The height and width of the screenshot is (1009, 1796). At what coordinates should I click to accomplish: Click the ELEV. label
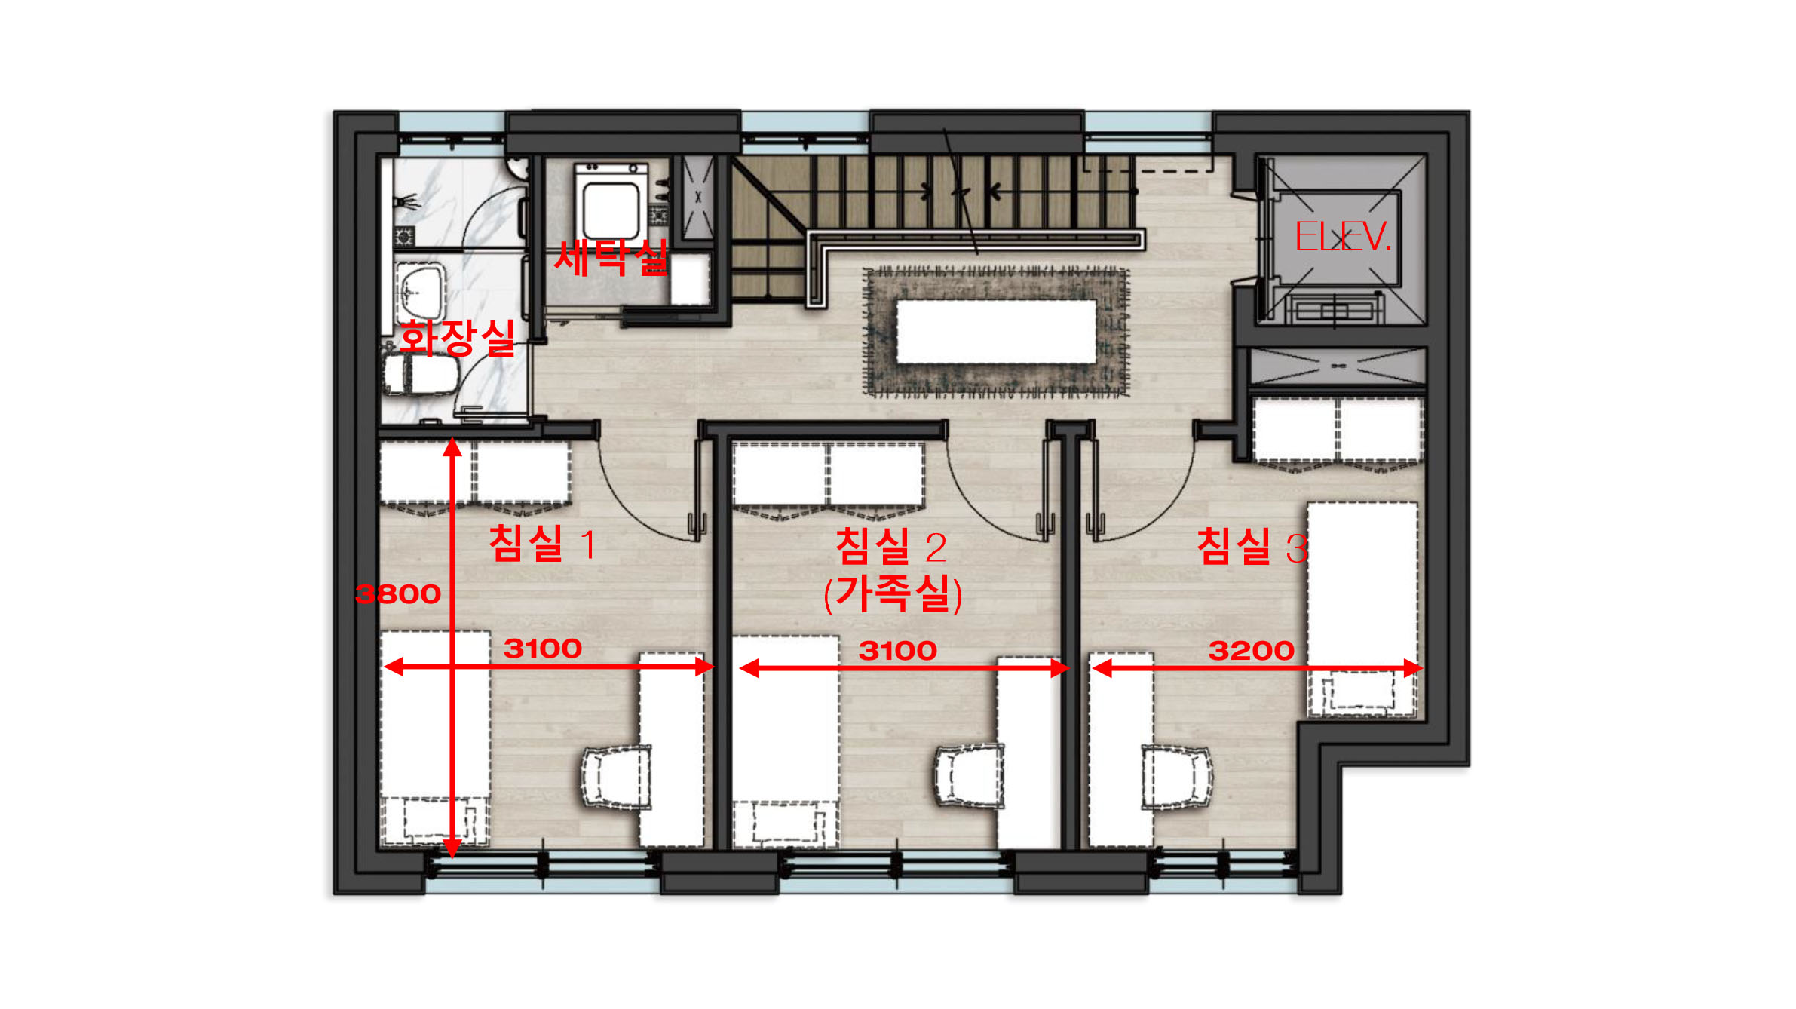click(1342, 237)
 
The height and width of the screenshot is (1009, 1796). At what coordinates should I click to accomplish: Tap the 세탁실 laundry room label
click(611, 258)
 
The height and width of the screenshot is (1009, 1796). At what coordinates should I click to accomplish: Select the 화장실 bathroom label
click(457, 337)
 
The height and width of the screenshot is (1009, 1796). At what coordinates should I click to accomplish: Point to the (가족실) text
click(893, 593)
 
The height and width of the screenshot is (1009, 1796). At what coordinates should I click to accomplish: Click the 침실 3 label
click(1252, 546)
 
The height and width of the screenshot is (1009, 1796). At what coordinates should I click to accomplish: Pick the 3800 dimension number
click(398, 594)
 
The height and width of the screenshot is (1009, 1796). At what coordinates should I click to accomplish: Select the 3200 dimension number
click(1252, 650)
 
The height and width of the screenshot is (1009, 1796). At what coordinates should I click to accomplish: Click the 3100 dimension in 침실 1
click(543, 649)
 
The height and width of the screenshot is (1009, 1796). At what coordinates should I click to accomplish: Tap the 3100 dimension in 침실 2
click(898, 650)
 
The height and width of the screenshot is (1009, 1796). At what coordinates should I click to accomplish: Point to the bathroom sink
click(420, 291)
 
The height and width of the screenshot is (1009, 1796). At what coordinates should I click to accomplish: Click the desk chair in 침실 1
click(617, 777)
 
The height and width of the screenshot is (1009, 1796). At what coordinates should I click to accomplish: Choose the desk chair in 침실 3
click(1176, 777)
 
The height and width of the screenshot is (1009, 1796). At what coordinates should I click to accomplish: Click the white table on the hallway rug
click(996, 331)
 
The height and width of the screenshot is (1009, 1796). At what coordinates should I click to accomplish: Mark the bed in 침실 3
click(1362, 609)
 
